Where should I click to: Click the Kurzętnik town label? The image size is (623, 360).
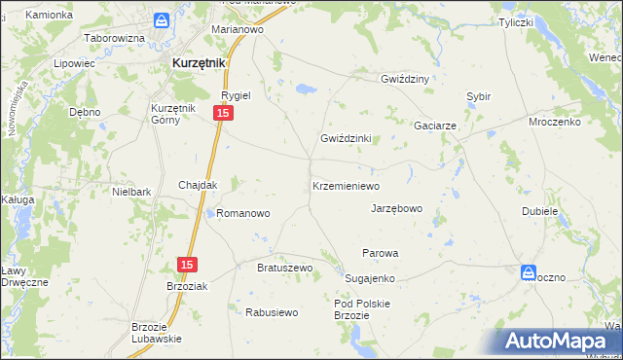(199, 62)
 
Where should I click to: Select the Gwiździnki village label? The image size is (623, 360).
(347, 138)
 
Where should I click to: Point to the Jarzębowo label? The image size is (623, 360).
(396, 208)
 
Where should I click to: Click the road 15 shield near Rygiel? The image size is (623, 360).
(224, 115)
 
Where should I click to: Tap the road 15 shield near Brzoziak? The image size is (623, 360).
(188, 265)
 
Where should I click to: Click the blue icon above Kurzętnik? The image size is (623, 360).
(163, 20)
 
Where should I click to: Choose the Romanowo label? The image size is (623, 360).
(242, 212)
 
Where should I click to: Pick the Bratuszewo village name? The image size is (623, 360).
(283, 267)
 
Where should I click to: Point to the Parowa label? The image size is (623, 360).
(381, 253)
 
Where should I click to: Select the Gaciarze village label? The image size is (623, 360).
(435, 126)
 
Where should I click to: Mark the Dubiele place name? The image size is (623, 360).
(539, 210)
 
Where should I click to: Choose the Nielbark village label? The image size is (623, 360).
(131, 193)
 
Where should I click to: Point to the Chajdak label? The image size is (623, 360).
(198, 185)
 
